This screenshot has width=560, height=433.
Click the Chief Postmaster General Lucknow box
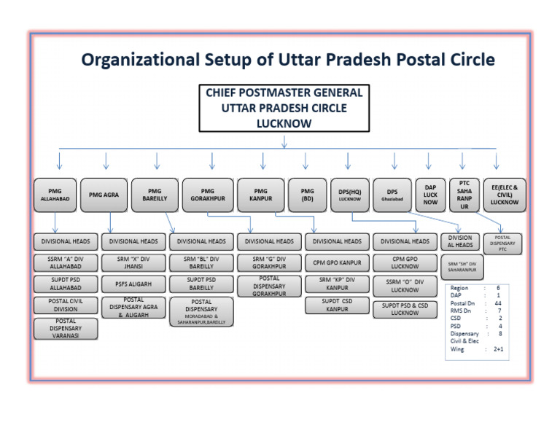click(284, 109)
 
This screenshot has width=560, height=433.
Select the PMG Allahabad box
click(55, 195)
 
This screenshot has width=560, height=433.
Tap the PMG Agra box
click(104, 195)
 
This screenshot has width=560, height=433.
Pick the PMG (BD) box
click(306, 195)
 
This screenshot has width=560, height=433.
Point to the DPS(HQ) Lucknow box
click(349, 195)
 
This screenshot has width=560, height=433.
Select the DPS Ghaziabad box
click(392, 195)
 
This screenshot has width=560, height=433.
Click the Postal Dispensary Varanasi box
click(66, 329)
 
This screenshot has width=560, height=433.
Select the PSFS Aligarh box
click(133, 284)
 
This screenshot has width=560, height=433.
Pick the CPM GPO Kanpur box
click(337, 262)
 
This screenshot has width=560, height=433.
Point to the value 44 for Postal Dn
click(497, 303)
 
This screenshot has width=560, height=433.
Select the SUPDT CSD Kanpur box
click(337, 305)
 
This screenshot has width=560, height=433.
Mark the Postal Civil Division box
click(66, 305)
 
